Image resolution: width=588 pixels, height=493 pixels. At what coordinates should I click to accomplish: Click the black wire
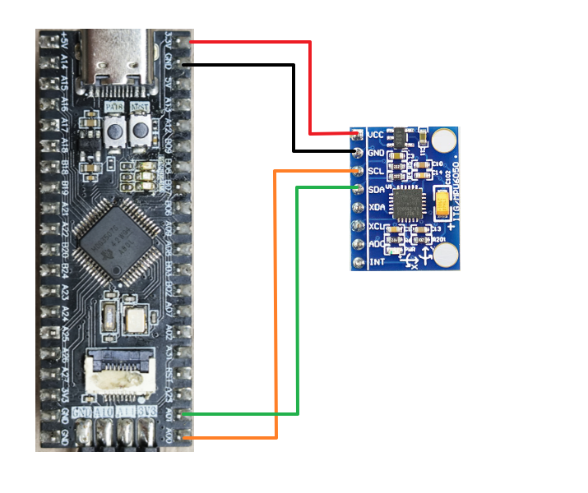coord(294,107)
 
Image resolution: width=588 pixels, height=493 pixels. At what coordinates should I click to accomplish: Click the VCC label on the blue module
coord(376,134)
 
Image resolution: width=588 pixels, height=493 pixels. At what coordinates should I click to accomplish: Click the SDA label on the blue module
coord(376,189)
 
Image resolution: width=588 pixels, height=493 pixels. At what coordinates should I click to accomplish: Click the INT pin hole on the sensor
coord(358,262)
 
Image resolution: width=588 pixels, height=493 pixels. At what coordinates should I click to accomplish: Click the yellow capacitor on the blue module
coord(443,201)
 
